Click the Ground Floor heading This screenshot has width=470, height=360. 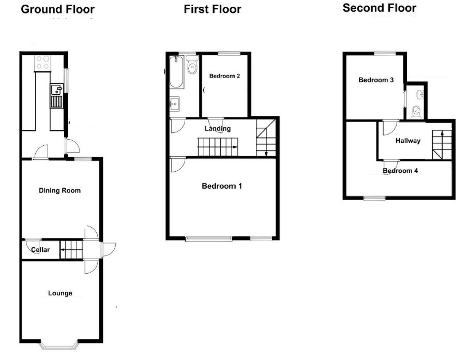coord(57,9)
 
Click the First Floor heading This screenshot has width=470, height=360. coord(212,9)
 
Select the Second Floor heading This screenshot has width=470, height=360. coord(379,8)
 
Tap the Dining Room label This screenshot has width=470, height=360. coord(60,190)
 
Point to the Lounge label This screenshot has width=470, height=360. coord(60,293)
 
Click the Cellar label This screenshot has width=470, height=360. coord(41,250)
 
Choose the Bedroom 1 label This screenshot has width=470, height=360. coord(222,186)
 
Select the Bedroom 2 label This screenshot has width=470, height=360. coord(224,76)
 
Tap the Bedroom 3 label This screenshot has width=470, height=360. coord(376,80)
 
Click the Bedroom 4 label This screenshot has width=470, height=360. coord(400,171)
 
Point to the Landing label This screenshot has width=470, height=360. coord(218,129)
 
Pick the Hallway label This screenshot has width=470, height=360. coord(408,141)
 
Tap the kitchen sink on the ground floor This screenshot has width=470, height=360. coord(56,96)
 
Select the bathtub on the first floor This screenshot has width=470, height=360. coord(176,72)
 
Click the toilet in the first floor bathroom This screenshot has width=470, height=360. coord(192,66)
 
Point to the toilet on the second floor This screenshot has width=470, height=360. coord(417,111)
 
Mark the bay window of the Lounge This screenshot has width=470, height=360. coord(60,343)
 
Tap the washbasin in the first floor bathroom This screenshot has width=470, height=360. coord(175,103)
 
